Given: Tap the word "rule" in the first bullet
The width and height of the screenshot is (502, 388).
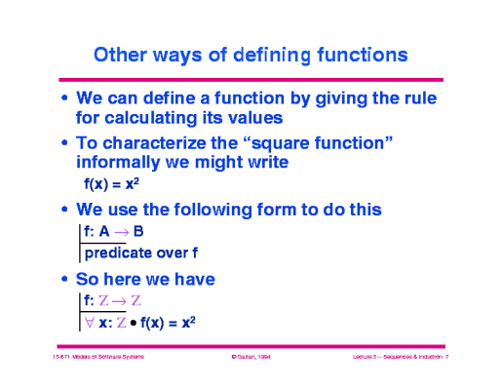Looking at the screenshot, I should pyautogui.click(x=415, y=98).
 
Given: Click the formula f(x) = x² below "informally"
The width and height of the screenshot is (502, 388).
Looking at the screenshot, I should pyautogui.click(x=113, y=183).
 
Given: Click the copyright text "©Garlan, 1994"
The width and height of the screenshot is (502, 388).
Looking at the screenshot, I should pyautogui.click(x=251, y=359).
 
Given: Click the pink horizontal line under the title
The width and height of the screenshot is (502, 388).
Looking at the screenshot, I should pyautogui.click(x=251, y=79).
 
